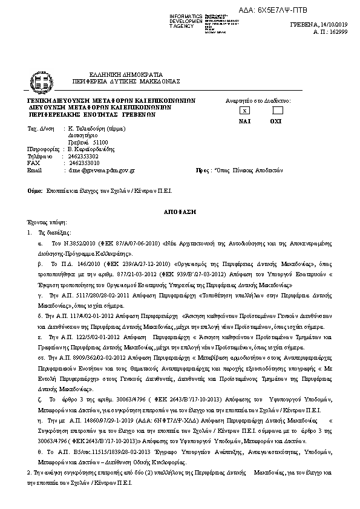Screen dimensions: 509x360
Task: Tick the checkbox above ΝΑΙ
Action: coord(244,111)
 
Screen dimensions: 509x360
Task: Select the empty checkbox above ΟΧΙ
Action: coord(277,111)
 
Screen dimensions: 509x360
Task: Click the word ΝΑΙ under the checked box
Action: coord(244,121)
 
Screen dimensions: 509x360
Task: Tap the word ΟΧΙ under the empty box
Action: coord(277,121)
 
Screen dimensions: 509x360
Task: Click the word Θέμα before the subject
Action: coord(35,190)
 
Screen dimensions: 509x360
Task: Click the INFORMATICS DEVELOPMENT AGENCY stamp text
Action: coord(185,20)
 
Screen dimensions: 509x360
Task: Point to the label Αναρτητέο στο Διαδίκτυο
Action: coord(258,100)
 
